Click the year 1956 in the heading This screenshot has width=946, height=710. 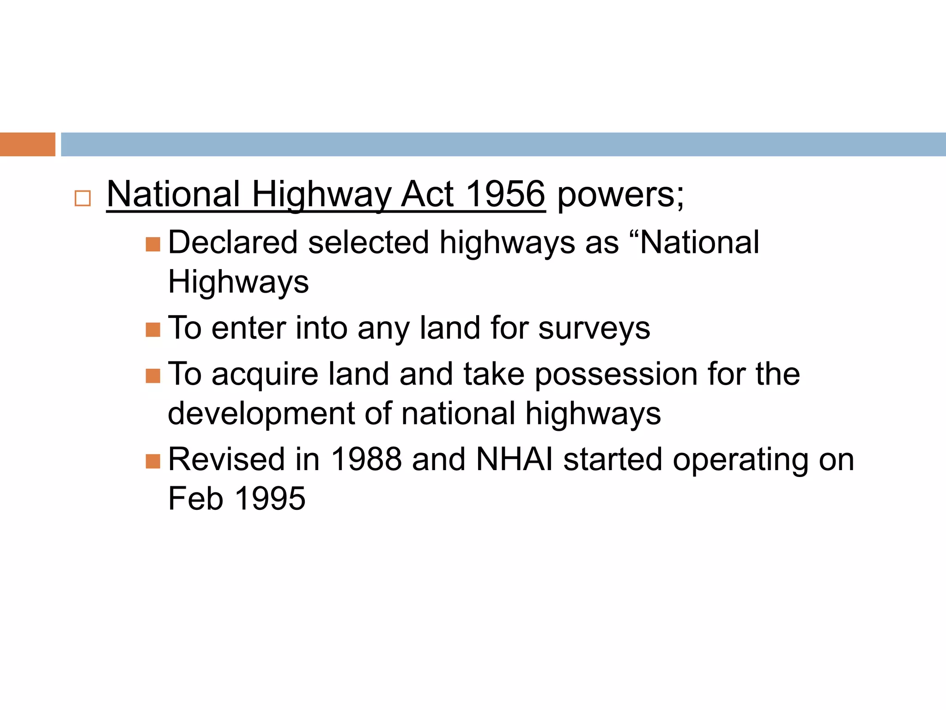click(506, 194)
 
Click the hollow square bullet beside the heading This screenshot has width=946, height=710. click(83, 198)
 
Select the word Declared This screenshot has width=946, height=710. click(233, 242)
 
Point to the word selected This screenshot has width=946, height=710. click(369, 242)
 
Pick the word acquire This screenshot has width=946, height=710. click(265, 375)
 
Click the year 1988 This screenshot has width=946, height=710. click(366, 459)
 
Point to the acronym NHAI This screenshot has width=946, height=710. click(514, 459)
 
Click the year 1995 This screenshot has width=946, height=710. click(270, 499)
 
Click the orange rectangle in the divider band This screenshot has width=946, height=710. click(28, 144)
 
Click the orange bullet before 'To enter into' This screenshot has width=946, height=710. click(153, 330)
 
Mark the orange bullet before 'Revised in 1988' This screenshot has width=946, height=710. click(153, 461)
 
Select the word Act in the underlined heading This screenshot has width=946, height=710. click(427, 194)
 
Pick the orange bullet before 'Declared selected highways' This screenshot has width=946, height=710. click(153, 244)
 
